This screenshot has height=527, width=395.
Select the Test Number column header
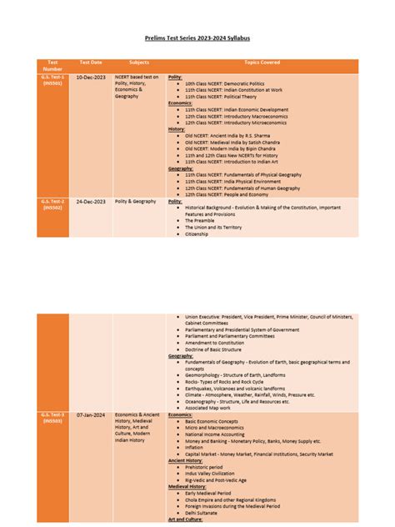pos(52,65)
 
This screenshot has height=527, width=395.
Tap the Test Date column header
pos(91,62)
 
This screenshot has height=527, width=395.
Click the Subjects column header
pos(139,62)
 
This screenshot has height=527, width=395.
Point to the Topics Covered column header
pos(262,62)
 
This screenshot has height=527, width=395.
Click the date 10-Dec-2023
pos(91,77)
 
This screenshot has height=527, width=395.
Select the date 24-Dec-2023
pos(91,202)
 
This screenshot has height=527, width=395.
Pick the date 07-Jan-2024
pos(91,414)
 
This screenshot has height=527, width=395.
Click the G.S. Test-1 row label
pos(52,79)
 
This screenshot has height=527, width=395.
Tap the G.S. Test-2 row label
pos(52,204)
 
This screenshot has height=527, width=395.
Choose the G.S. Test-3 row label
pos(52,417)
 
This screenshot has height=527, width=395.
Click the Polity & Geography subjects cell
pos(137,202)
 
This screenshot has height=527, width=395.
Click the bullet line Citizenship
pos(197,234)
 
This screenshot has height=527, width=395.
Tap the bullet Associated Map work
pos(211,408)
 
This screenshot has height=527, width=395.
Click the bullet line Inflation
pos(194,447)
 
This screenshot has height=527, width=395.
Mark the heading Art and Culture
pos(186,519)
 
